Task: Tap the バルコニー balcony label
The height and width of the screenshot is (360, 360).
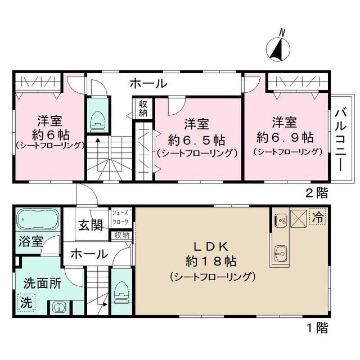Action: point(340,139)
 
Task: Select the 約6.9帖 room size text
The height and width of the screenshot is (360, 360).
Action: point(285,137)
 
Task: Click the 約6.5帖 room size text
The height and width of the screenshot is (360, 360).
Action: point(196,140)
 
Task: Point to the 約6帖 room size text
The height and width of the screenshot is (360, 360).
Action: point(51,135)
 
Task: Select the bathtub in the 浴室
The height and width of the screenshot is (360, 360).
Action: point(38,219)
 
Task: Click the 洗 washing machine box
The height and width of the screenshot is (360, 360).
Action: point(26,303)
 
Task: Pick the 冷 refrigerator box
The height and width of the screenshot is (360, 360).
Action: point(318,217)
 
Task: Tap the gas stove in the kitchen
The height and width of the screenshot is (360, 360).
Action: point(281,219)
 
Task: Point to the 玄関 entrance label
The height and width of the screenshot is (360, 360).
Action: point(91,225)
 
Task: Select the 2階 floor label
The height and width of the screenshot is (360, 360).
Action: point(317,193)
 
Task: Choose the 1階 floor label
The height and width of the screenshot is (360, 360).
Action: point(317,328)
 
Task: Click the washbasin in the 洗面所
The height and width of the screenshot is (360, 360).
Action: point(59,307)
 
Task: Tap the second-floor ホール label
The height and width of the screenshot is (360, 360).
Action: point(148,84)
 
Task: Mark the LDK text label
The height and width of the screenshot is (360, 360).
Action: point(211,247)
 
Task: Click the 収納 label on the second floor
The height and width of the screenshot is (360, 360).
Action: point(143,109)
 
